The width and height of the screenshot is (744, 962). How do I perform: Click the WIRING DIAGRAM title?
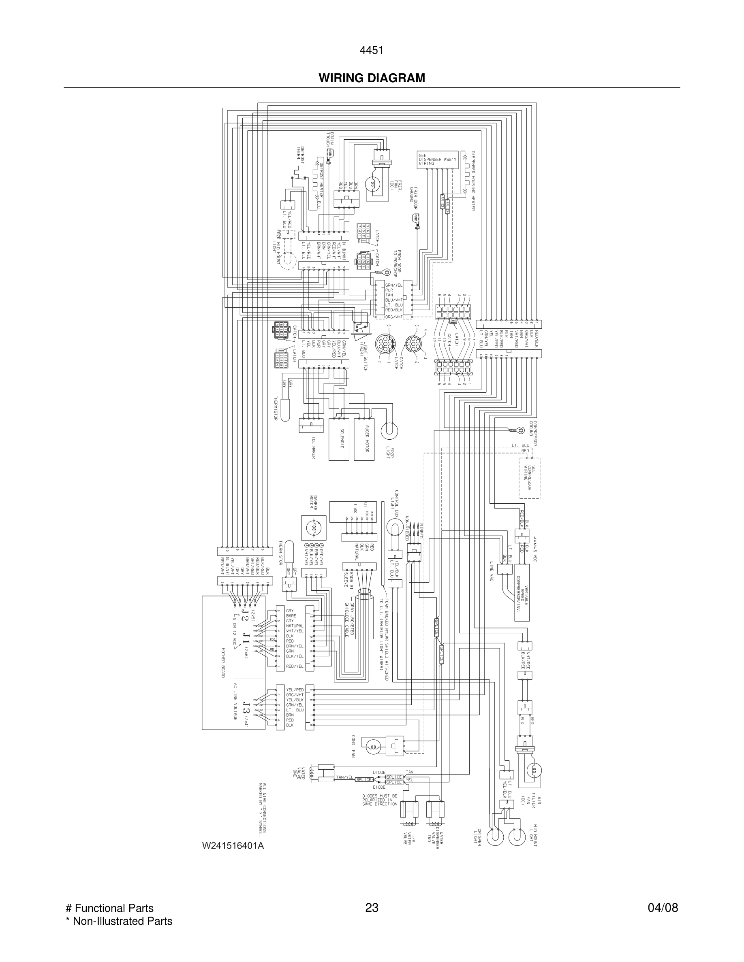coord(372,78)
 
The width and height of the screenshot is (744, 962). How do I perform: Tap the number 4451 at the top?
coord(371,50)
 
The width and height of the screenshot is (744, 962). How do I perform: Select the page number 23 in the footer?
coord(372,908)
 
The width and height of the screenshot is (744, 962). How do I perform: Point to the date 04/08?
coord(663,908)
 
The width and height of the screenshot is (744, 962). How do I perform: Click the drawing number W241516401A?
coord(233,846)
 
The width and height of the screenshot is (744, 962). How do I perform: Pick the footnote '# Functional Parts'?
coord(109,908)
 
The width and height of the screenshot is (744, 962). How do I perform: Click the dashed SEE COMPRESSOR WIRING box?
coord(529,478)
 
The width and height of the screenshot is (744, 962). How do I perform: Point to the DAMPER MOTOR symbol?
coord(314,528)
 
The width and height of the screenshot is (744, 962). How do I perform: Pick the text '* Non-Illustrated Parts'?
coord(119,921)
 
